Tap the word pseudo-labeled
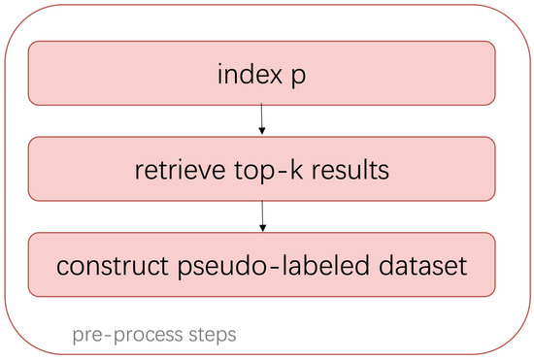(x=276, y=264)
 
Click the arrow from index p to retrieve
(x=262, y=119)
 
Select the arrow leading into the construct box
(x=262, y=214)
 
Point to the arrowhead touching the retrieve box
(x=262, y=133)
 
